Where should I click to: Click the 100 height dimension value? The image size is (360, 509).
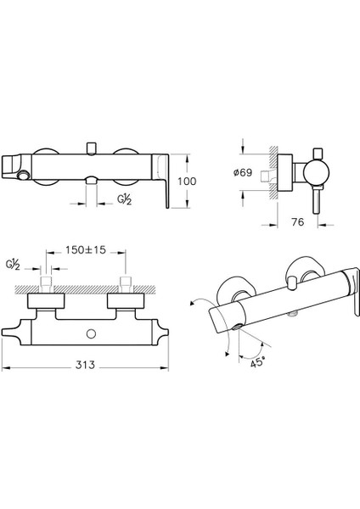(187, 182)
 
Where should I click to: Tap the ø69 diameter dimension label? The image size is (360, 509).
(243, 172)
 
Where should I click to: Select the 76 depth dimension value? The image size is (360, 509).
(298, 222)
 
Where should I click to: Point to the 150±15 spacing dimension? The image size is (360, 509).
(86, 250)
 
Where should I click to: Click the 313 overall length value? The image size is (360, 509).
(85, 365)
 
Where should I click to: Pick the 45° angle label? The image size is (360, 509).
(257, 362)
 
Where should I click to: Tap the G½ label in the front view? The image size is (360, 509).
(125, 200)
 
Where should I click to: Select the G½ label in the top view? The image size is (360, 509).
(13, 265)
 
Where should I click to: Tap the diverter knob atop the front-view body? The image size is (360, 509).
(92, 148)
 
